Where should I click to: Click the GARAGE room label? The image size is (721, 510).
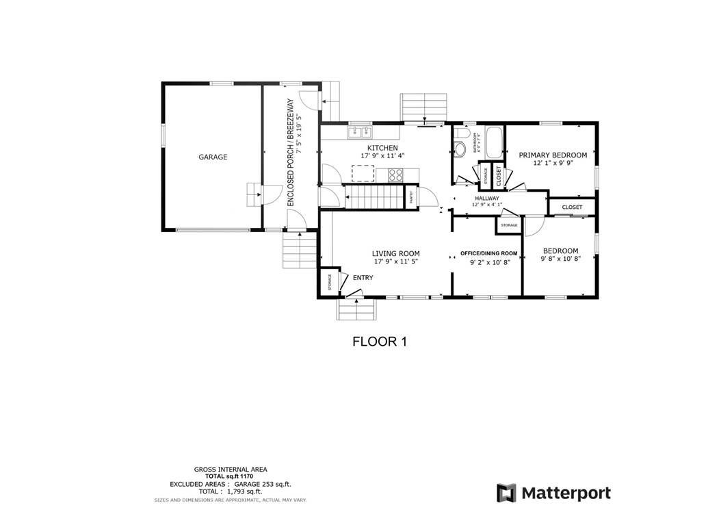[213, 157]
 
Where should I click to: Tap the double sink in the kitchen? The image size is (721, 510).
[360, 132]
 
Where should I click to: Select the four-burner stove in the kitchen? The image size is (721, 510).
[395, 175]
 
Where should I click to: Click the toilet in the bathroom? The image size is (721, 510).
[460, 147]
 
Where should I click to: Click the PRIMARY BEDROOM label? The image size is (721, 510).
[553, 155]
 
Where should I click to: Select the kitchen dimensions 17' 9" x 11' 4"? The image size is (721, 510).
[382, 156]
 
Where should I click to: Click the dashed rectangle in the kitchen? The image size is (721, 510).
[363, 173]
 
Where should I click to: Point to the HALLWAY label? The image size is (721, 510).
[487, 199]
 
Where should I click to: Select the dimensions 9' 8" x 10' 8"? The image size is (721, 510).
[560, 259]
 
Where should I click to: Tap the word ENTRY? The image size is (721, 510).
[363, 277]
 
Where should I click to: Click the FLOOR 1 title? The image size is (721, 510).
[379, 341]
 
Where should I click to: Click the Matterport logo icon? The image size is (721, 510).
[506, 493]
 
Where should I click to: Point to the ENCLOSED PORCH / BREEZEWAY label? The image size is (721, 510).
[290, 152]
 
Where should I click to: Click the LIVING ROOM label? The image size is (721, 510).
[395, 253]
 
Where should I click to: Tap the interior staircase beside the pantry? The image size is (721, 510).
[373, 197]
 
